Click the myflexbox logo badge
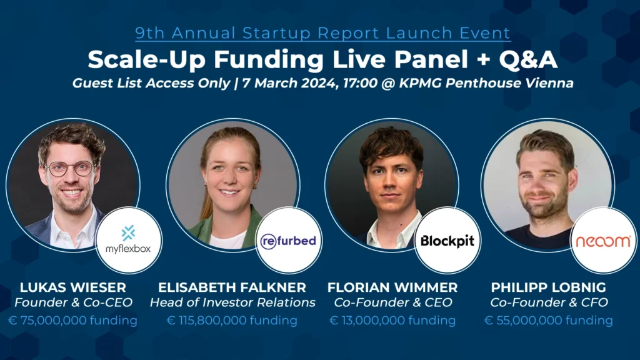129,240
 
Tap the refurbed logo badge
289,240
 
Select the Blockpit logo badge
447,240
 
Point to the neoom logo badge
603,240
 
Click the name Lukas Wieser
73,287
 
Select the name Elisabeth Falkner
232,287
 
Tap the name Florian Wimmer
392,287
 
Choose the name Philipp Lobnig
549,287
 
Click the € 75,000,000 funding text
72,321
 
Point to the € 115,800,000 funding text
232,321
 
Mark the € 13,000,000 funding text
392,321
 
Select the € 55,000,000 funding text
549,321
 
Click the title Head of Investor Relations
232,302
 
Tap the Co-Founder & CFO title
549,302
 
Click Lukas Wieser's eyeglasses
70,168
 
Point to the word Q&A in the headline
528,59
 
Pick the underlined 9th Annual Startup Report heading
323,34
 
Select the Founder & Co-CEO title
74,302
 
